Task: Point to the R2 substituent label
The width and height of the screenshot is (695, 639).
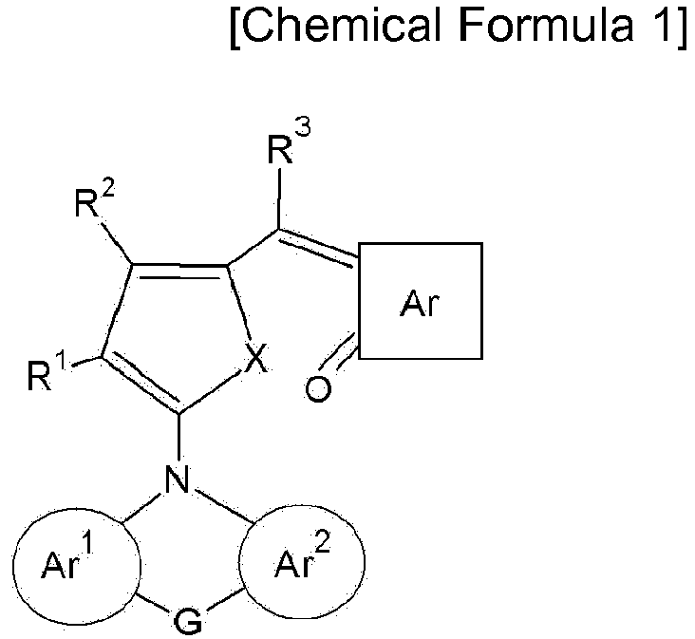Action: (x=94, y=198)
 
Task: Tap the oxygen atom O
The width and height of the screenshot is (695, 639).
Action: (x=318, y=388)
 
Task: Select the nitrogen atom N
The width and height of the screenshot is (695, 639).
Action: (x=178, y=479)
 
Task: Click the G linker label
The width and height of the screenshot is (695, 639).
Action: (x=188, y=622)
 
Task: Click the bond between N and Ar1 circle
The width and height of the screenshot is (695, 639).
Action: (x=141, y=506)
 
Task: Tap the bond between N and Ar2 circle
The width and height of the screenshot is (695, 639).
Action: (x=224, y=504)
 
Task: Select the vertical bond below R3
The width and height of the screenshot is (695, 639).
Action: (x=279, y=198)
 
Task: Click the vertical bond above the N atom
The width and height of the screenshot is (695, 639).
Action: (x=178, y=437)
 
